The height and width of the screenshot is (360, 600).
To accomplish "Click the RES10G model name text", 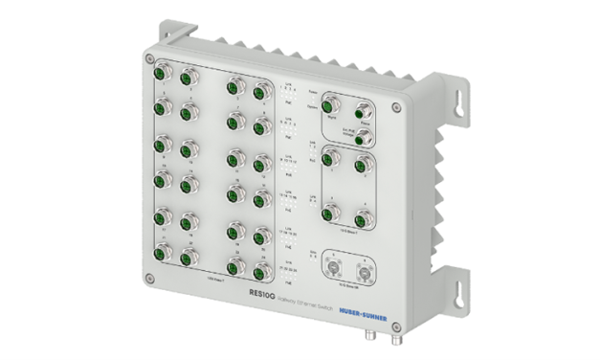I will coord(262,294).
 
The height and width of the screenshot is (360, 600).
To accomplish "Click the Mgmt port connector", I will coord(333,105).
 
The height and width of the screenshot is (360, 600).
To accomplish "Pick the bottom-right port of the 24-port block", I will coord(258,273).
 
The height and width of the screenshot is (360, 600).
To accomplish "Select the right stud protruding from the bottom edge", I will coord(393,336).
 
